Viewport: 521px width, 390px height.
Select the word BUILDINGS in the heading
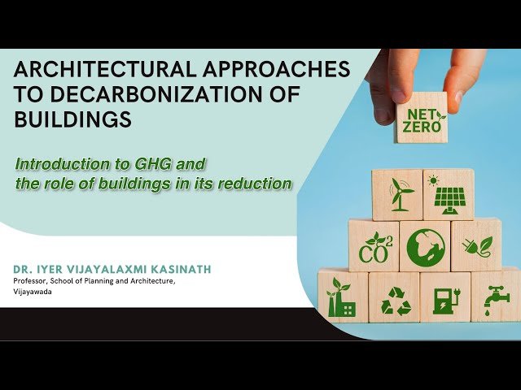click(72, 119)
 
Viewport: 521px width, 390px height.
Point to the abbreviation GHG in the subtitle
click(152, 164)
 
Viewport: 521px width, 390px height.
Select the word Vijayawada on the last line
click(33, 292)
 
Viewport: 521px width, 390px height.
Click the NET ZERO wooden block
click(422, 117)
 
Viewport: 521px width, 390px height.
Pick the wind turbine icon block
click(398, 195)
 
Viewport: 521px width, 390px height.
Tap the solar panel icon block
click(449, 195)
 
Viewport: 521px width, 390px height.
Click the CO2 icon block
click(374, 245)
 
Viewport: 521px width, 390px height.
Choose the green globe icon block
click(425, 246)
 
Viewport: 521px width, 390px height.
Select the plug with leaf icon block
click(476, 245)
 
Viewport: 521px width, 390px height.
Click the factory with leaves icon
click(340, 297)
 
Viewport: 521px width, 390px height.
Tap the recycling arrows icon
click(396, 301)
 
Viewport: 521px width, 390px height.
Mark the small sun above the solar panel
click(433, 180)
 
